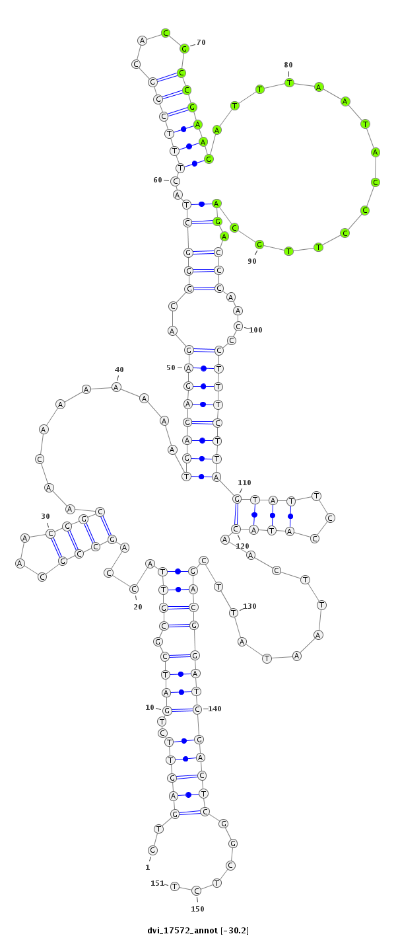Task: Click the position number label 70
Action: click(201, 42)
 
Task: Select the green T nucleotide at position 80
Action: click(289, 83)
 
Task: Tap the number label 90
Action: click(251, 261)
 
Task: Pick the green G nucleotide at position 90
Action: click(259, 245)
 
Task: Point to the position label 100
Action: click(255, 330)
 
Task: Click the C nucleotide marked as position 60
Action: click(175, 181)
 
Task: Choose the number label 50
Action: click(170, 368)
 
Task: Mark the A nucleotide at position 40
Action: click(116, 387)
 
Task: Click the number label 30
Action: click(46, 516)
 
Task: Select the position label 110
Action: click(244, 483)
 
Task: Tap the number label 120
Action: click(242, 546)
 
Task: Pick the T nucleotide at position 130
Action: click(234, 613)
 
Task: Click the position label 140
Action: click(214, 709)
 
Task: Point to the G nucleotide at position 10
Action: click(167, 711)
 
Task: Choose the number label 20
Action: click(138, 607)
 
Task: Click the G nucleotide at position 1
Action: click(152, 850)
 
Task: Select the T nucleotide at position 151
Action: click(175, 886)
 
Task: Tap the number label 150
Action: click(197, 909)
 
